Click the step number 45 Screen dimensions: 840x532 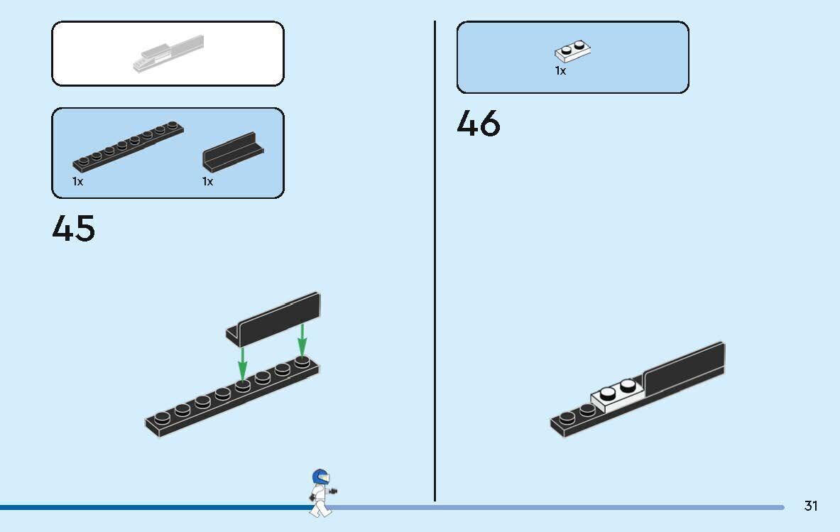74,228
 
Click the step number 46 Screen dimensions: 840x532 479,123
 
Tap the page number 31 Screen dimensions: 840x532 811,506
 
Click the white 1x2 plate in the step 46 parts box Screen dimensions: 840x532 573,51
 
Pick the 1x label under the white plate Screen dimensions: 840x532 560,71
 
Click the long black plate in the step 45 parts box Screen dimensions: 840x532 128,146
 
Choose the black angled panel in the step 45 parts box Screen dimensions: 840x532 233,152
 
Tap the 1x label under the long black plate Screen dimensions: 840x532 77,182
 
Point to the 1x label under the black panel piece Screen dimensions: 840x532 208,182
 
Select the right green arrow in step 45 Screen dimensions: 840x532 302,340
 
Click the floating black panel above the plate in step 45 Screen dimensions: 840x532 274,320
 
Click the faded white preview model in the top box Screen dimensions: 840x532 169,53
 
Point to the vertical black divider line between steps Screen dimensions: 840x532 435,261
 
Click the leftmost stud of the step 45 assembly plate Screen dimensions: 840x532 163,417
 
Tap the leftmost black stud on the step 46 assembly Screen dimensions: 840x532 567,416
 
